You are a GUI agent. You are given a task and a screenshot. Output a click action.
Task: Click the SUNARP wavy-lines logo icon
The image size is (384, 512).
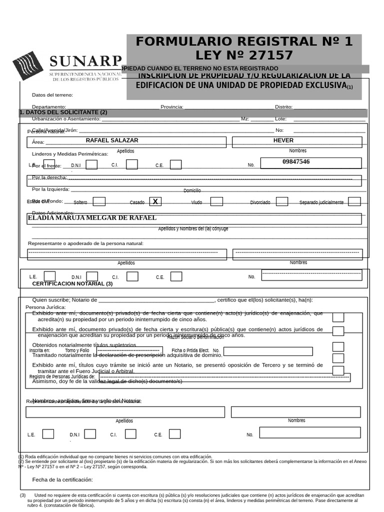tap(28, 65)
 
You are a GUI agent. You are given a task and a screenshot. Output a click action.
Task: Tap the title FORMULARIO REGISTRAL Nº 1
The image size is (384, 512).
tap(244, 41)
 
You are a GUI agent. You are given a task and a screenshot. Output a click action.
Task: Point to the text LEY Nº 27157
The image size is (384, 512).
tap(244, 55)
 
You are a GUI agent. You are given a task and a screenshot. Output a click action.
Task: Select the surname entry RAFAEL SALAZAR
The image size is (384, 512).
tap(112, 140)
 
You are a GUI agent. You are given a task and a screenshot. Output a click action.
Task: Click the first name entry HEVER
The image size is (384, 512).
tap(283, 140)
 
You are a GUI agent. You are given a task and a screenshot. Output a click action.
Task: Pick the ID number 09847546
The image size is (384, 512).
tap(295, 162)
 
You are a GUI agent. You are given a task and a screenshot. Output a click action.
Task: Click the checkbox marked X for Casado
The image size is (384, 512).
tap(155, 201)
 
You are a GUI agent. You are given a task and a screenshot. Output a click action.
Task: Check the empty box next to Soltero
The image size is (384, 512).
tap(99, 201)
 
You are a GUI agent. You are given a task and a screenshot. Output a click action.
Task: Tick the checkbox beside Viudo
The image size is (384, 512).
tap(216, 201)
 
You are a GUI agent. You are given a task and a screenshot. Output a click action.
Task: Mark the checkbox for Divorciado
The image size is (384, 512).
tap(282, 201)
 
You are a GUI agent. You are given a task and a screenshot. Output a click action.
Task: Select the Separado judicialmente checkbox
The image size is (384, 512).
tap(354, 201)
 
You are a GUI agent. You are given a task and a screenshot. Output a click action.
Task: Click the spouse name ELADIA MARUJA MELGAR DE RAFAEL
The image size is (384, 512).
tap(92, 218)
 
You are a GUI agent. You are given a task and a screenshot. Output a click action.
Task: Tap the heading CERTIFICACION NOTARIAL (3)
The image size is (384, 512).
tap(72, 283)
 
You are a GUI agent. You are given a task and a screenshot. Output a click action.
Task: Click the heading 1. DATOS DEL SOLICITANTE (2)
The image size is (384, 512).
tap(63, 112)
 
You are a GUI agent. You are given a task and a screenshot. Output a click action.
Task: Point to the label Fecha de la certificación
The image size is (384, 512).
tap(62, 479)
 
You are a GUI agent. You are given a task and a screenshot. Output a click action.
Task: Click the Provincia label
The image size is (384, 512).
tap(171, 107)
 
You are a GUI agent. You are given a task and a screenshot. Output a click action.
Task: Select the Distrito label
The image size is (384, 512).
tap(283, 107)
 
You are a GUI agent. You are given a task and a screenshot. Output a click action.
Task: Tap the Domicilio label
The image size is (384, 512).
tap(192, 190)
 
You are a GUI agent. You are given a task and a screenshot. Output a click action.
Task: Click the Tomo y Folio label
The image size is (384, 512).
tap(77, 350)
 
